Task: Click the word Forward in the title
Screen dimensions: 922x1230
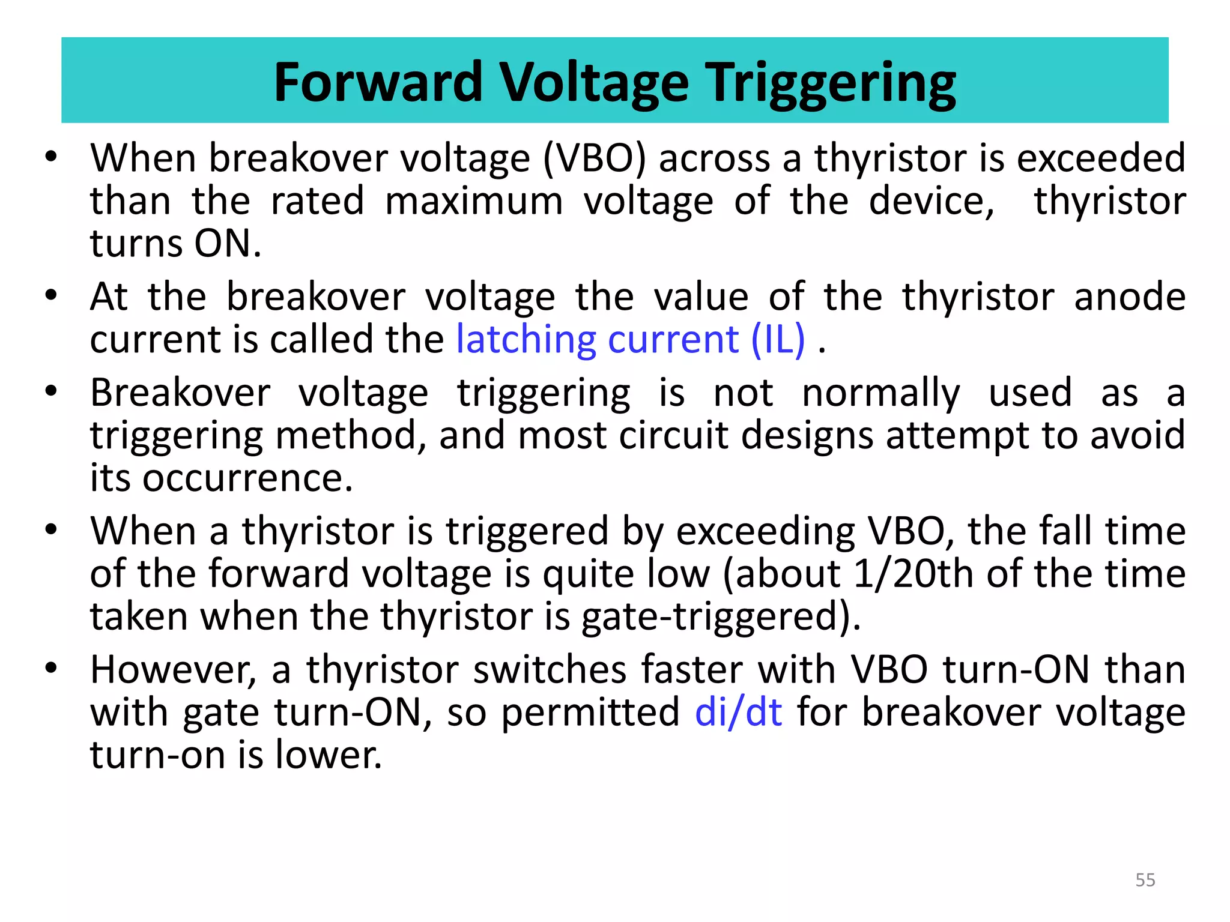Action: pyautogui.click(x=378, y=82)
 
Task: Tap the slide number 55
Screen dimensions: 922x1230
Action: pyautogui.click(x=1145, y=880)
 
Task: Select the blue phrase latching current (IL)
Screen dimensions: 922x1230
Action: pyautogui.click(x=630, y=340)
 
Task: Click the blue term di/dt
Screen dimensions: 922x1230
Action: pyautogui.click(x=738, y=713)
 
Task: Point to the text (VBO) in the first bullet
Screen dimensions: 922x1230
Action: pyautogui.click(x=594, y=159)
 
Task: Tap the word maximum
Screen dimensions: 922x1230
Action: pyautogui.click(x=474, y=201)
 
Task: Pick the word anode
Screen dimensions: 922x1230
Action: pyautogui.click(x=1129, y=297)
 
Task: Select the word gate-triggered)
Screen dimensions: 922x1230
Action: pyautogui.click(x=721, y=616)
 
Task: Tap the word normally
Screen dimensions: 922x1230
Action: pyautogui.click(x=880, y=393)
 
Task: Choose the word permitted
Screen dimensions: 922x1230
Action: pyautogui.click(x=590, y=713)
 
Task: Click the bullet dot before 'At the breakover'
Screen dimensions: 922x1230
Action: pyautogui.click(x=51, y=295)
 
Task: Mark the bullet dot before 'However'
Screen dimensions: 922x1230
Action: pyautogui.click(x=51, y=668)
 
